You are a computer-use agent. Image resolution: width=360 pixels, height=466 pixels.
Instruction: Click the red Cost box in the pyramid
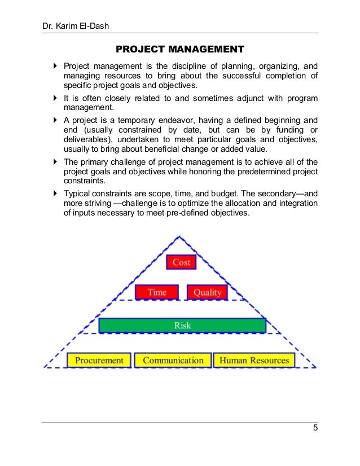pyautogui.click(x=181, y=262)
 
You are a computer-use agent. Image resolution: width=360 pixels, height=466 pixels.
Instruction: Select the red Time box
pyautogui.click(x=157, y=292)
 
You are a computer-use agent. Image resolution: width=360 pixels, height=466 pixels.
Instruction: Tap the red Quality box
pyautogui.click(x=207, y=292)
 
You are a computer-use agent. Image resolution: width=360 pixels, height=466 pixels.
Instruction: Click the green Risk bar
pyautogui.click(x=182, y=326)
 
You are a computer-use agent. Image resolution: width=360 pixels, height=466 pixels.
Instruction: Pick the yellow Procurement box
pyautogui.click(x=99, y=360)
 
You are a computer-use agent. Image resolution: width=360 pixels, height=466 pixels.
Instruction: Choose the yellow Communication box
pyautogui.click(x=173, y=360)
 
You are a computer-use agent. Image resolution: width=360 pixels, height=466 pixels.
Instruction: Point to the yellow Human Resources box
pyautogui.click(x=254, y=360)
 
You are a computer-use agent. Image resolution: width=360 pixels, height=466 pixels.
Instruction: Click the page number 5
pyautogui.click(x=315, y=428)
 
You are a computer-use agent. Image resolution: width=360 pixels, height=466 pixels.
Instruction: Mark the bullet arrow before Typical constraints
pyautogui.click(x=55, y=193)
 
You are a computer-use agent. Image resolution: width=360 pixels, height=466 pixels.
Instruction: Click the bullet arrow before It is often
pyautogui.click(x=55, y=98)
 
